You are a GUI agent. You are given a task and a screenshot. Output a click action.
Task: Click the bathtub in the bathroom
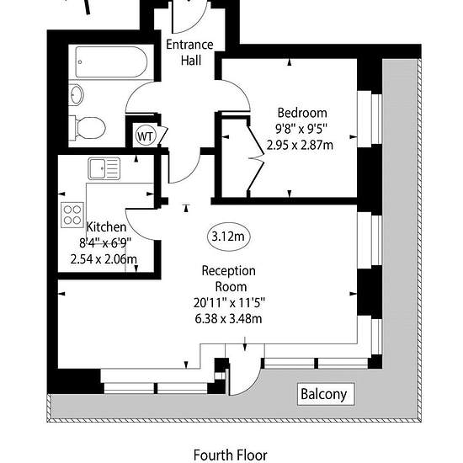click(111, 62)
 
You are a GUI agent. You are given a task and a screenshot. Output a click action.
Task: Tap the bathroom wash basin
click(76, 95)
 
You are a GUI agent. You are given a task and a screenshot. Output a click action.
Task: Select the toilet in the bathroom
click(88, 129)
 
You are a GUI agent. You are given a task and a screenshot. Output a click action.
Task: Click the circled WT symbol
click(146, 136)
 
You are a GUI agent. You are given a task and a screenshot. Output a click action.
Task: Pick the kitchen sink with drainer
click(104, 168)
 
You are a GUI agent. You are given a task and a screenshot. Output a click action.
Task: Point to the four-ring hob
click(72, 215)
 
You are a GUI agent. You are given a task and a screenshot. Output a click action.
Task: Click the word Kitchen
click(107, 227)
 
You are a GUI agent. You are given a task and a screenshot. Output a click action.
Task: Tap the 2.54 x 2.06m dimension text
click(104, 259)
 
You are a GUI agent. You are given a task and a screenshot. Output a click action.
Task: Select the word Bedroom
click(302, 113)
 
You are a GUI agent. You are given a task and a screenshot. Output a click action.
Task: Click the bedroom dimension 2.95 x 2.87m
click(300, 145)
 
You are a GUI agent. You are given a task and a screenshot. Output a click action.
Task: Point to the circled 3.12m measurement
click(228, 237)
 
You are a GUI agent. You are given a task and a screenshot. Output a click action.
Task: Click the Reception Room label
click(229, 279)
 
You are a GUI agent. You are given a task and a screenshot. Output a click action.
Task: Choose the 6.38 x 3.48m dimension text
click(228, 318)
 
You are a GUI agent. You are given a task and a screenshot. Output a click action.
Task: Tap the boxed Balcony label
click(326, 394)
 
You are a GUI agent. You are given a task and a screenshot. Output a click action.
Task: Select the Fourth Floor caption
click(231, 455)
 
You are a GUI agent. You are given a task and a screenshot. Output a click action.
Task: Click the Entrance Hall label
click(189, 52)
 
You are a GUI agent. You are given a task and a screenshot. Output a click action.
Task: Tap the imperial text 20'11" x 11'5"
click(229, 303)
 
